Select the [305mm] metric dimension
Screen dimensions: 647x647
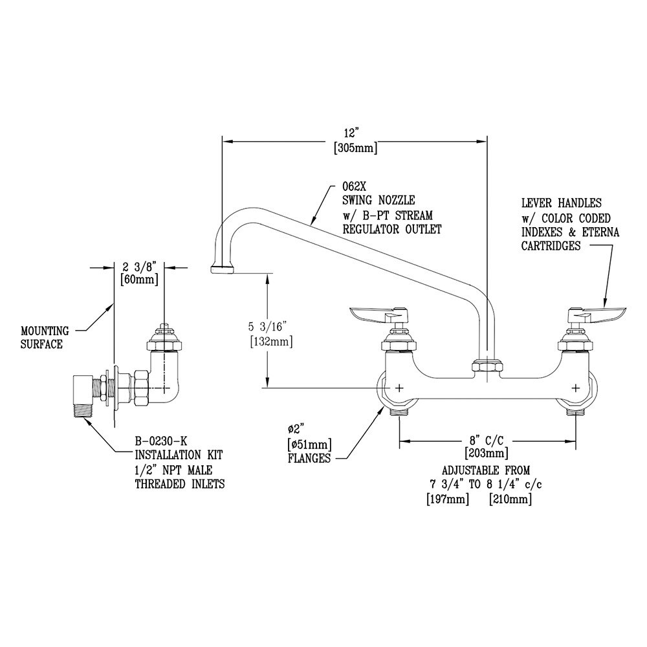tap(355, 148)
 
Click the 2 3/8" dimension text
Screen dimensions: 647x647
tap(140, 265)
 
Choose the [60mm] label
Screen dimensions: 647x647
tap(139, 280)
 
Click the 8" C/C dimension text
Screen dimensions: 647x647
tap(487, 439)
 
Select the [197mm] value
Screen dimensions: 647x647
tap(447, 499)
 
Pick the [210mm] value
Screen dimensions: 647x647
tap(510, 499)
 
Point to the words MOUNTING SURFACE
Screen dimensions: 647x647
tap(45, 338)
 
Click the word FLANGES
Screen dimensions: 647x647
tap(309, 458)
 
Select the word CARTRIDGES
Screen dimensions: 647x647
tap(551, 246)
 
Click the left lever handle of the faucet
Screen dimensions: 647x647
tap(377, 315)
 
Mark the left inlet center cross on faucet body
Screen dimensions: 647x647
tap(399, 388)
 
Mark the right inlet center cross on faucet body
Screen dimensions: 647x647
tap(576, 388)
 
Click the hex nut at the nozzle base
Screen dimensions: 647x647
tap(487, 365)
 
